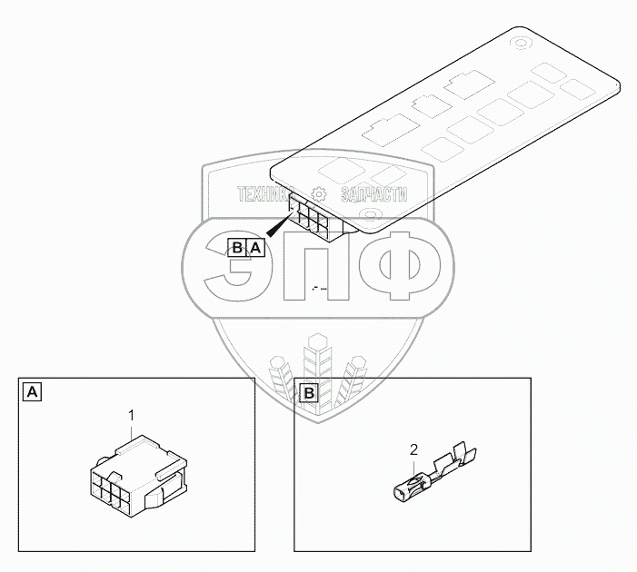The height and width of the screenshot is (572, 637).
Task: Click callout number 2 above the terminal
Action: point(414,449)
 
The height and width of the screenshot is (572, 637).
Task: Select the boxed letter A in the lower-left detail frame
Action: point(32,392)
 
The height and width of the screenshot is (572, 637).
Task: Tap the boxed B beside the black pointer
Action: point(237,247)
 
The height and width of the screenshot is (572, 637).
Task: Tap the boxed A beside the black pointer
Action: point(255,247)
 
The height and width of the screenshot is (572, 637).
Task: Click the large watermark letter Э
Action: point(227,269)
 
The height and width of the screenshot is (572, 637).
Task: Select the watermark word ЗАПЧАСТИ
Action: point(373,194)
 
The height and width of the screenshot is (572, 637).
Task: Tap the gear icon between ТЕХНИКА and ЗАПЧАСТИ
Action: point(319,194)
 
